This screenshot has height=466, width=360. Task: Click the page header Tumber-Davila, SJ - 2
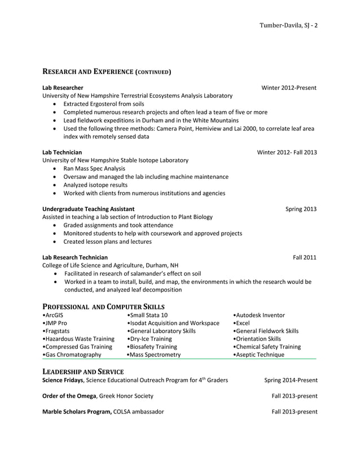coord(288,26)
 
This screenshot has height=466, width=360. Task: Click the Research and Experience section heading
coord(107,72)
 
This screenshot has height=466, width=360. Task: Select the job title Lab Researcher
coord(63,87)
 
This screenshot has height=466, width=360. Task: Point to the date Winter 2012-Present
coord(289,87)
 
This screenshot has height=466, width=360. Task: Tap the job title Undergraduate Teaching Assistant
coord(89,209)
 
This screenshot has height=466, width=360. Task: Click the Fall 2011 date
coord(305,257)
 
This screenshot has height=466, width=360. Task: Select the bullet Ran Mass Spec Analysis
coord(94,169)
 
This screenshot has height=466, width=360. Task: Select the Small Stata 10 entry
coord(148,315)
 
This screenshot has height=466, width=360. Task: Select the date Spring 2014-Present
coord(291,380)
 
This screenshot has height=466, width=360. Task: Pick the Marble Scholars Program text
coord(77,411)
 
